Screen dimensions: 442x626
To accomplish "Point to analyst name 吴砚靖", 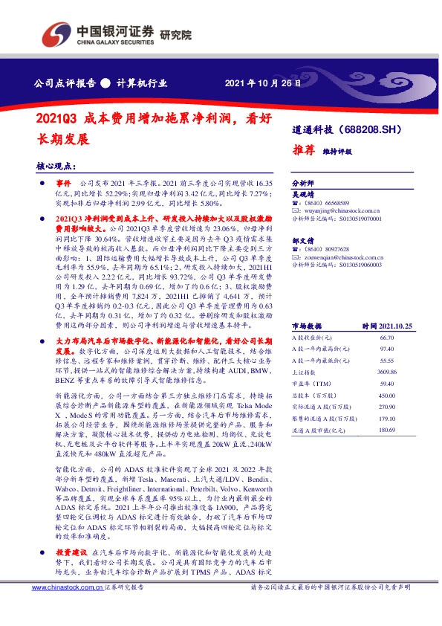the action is coord(304,192).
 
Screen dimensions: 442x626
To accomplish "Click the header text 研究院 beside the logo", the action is coord(175,34).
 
